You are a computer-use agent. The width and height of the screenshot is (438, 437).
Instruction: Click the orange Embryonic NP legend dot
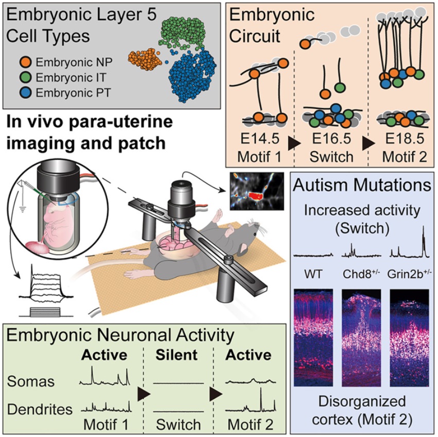click(26, 62)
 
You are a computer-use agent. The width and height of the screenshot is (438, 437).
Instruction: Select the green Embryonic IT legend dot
click(26, 77)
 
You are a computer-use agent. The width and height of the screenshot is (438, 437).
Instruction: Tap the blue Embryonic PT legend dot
click(26, 93)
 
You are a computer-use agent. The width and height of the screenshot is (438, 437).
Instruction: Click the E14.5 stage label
click(260, 139)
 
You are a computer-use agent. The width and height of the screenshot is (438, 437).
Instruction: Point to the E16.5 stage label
click(331, 139)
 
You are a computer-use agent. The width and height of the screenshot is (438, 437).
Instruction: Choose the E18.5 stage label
click(405, 139)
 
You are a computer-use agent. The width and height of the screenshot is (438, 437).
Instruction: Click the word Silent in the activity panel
click(177, 355)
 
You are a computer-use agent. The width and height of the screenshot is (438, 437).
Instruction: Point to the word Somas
click(31, 381)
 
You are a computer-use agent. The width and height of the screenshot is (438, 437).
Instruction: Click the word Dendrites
click(40, 409)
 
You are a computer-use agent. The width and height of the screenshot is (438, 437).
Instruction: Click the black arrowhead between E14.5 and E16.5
click(294, 143)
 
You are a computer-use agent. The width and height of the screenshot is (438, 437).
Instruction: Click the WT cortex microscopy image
click(313, 338)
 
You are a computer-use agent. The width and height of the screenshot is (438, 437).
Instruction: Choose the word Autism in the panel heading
click(317, 185)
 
